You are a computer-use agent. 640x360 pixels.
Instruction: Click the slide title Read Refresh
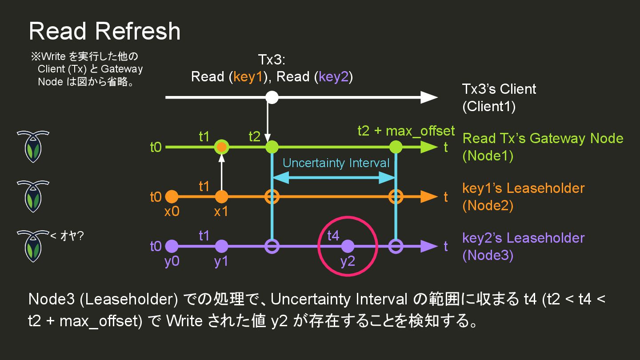(x=104, y=31)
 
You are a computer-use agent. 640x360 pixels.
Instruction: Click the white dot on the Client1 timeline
(x=272, y=97)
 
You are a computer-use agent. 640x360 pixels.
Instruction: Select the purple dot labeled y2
(x=348, y=246)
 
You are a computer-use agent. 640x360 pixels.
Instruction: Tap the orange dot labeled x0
(x=172, y=196)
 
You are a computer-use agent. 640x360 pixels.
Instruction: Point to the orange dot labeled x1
(x=221, y=196)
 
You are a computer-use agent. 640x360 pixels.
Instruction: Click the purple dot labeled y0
(x=172, y=246)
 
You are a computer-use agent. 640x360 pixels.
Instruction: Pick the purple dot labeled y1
(x=221, y=246)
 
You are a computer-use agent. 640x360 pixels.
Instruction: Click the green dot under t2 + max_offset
(x=395, y=147)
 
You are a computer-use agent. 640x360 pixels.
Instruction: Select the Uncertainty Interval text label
(x=336, y=163)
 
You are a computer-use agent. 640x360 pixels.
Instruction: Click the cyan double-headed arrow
(x=333, y=178)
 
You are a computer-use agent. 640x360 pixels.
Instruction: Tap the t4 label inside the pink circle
(x=333, y=235)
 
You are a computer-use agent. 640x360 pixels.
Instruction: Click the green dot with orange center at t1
(x=221, y=147)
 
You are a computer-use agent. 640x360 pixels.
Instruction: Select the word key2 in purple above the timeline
(x=333, y=77)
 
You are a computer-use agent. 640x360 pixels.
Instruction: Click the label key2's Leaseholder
(x=523, y=238)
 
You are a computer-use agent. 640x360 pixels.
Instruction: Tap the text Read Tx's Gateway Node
(x=543, y=138)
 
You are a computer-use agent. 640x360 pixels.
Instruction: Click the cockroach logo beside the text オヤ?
(x=33, y=246)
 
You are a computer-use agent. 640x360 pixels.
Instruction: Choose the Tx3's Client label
(x=499, y=89)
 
